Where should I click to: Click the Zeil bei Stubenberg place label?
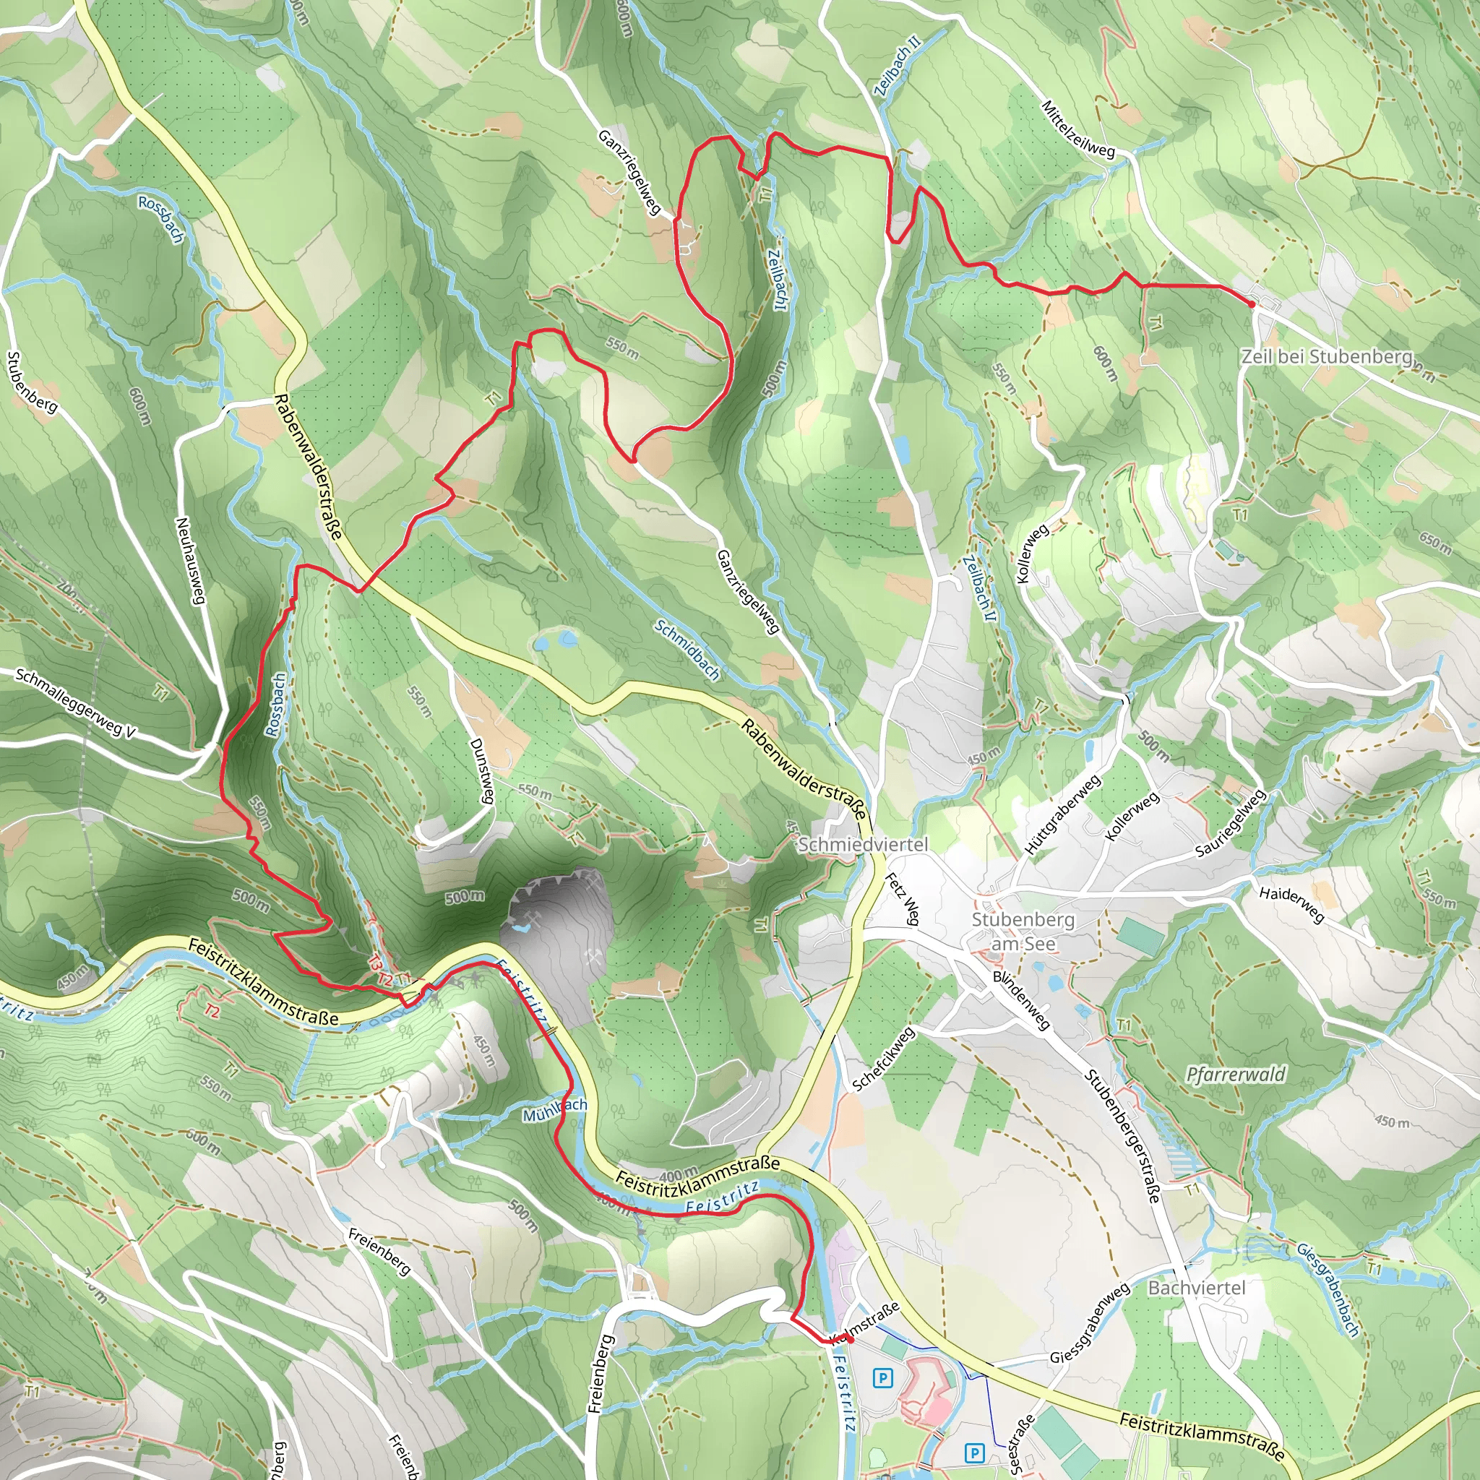1327,356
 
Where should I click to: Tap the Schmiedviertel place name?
863,844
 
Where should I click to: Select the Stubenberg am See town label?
1023,931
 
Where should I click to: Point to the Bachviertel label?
1197,1288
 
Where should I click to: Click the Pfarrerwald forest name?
1235,1074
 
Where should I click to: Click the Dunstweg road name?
481,770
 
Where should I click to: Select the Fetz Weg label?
902,898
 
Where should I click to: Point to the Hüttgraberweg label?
1062,814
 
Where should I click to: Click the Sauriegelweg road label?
1231,824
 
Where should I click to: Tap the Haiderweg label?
1291,904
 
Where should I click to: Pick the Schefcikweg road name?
883,1059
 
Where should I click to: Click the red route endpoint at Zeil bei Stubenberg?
1252,304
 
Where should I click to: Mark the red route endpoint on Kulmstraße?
850,1340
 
